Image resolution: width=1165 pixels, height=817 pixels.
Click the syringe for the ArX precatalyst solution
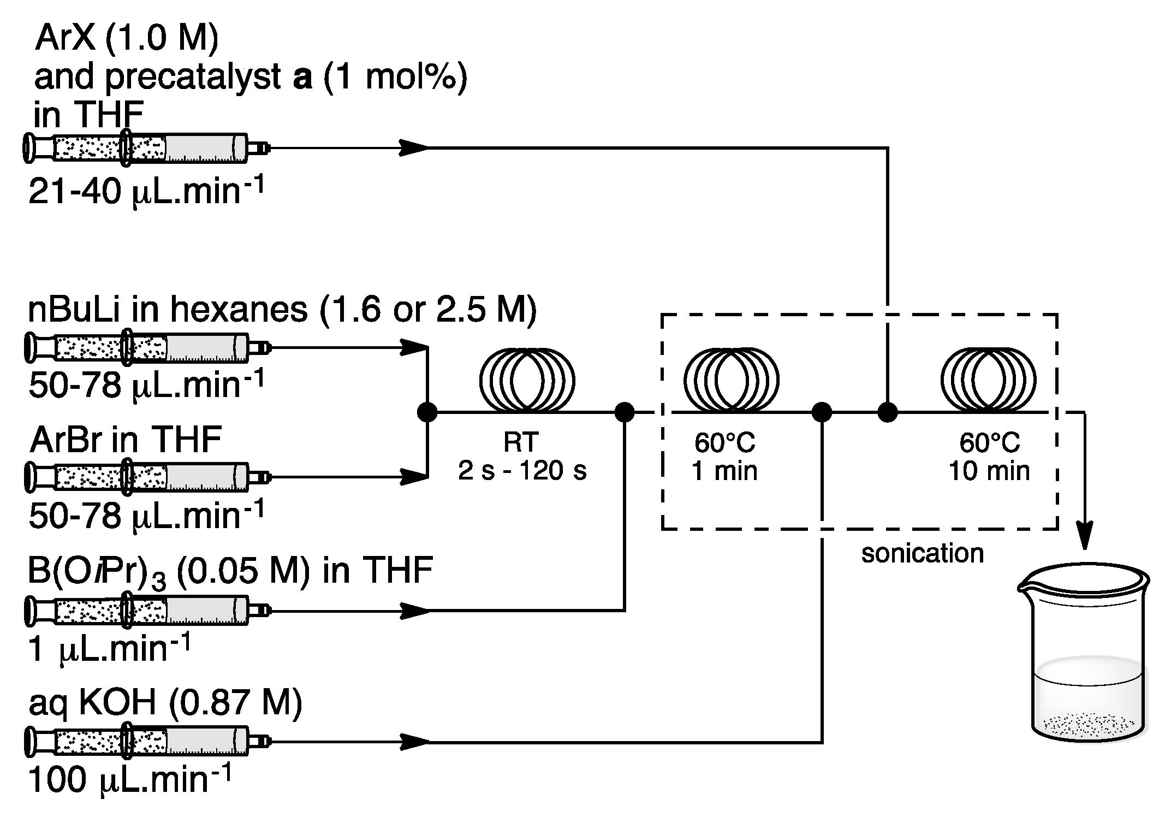145,148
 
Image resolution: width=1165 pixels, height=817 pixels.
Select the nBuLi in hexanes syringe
145,347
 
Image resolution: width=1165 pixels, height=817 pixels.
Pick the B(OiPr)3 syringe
145,611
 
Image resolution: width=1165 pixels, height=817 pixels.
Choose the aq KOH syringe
145,742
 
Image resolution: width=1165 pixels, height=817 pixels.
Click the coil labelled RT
527,379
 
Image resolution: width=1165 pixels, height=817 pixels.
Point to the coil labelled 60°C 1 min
731,379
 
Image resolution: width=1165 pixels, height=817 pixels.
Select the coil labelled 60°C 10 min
988,379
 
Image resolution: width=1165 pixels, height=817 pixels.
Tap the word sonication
922,553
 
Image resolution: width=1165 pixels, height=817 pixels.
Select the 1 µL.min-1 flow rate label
109,649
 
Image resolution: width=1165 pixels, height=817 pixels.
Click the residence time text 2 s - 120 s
522,471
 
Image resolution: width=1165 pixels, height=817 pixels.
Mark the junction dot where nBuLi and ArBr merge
427,412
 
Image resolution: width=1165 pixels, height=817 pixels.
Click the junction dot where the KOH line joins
822,412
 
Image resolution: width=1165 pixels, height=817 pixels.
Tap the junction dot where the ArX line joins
888,412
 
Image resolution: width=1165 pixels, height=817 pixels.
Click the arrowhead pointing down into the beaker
1084,538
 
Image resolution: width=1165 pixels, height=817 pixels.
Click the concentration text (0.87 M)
235,702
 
